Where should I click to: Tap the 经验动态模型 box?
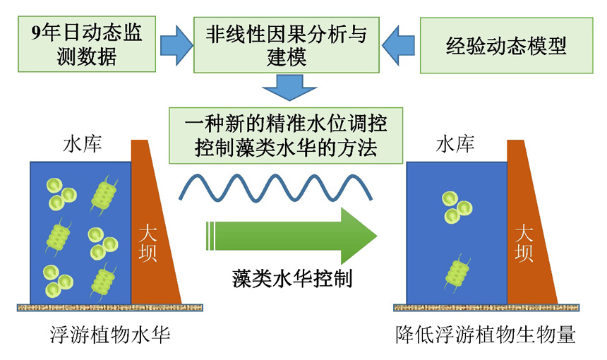506,46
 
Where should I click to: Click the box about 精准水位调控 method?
285,135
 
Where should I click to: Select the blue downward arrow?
285,89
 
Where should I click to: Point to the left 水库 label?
83,146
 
